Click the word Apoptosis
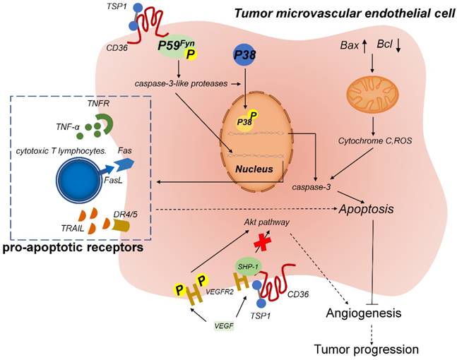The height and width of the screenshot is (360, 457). (368, 210)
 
